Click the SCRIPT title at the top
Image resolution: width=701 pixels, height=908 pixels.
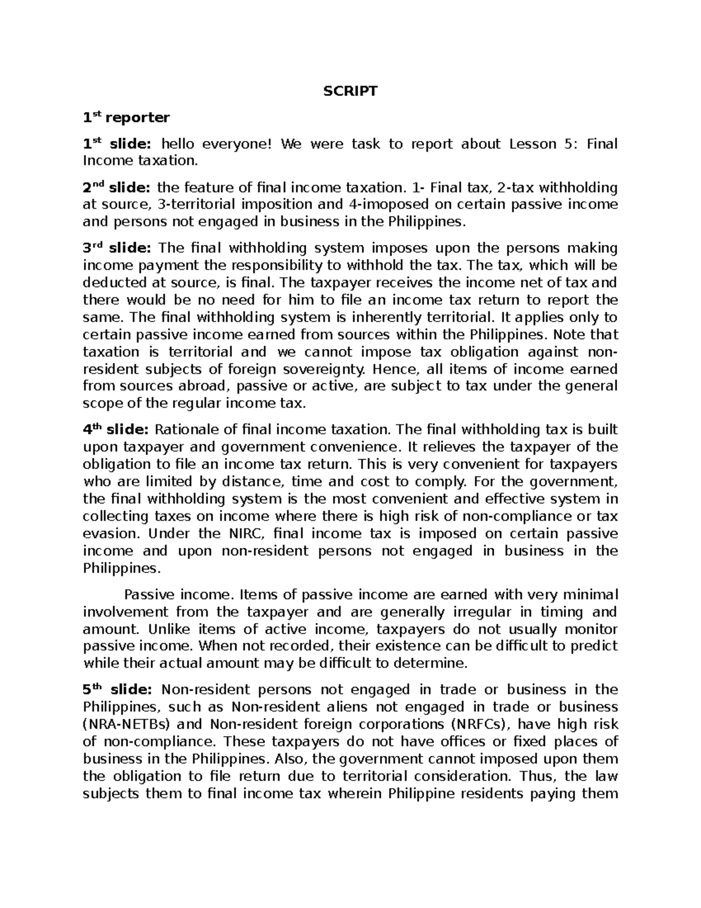coord(350,91)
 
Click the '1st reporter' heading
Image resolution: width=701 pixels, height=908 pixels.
coord(126,118)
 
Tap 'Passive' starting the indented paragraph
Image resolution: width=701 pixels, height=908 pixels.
coord(149,595)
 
